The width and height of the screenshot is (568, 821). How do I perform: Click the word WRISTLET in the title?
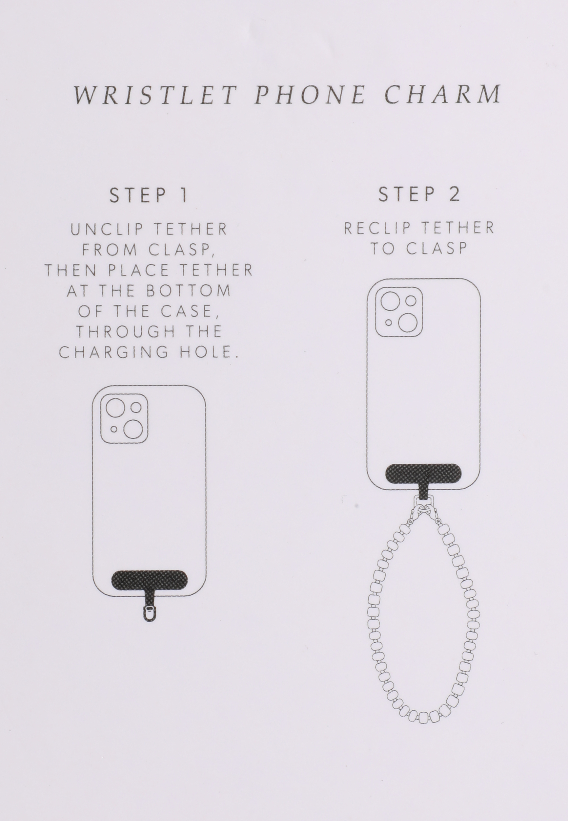point(155,95)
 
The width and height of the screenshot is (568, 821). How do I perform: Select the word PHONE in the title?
point(310,95)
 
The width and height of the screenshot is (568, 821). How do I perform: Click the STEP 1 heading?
point(149,195)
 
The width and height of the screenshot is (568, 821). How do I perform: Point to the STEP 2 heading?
point(419,194)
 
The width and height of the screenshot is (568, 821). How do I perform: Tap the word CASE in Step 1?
point(189,311)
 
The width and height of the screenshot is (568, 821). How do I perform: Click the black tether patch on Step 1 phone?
point(150,580)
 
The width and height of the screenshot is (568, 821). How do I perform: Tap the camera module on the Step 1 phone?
point(124,418)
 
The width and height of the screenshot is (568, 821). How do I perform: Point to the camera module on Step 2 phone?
point(399,311)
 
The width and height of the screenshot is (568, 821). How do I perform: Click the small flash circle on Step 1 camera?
point(113,430)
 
